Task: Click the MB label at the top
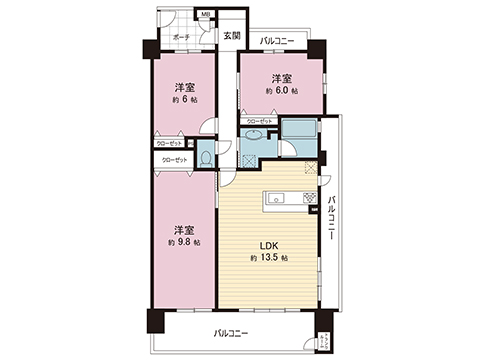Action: [206, 15]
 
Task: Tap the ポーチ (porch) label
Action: [181, 37]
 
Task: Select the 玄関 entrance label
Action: [232, 36]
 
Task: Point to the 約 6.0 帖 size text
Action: [281, 91]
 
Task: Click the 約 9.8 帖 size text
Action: [185, 241]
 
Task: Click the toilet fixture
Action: [205, 156]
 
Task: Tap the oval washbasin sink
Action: [254, 135]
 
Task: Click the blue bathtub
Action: [297, 129]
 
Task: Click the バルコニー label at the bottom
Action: [231, 333]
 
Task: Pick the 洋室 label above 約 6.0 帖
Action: [281, 77]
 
